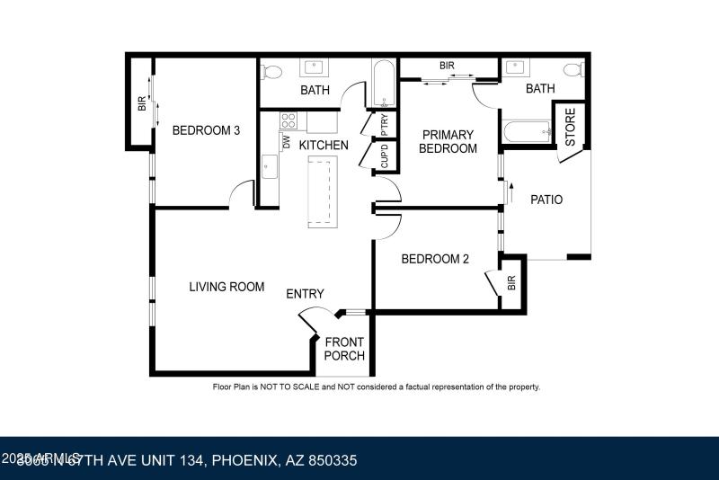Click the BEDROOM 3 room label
[206, 130]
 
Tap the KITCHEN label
[324, 145]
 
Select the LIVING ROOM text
[226, 287]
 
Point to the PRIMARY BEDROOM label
[448, 142]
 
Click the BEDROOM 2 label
[435, 260]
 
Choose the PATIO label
[546, 200]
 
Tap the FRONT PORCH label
[344, 349]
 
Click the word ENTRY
[305, 294]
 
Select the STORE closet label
[570, 128]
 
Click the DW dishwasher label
[286, 142]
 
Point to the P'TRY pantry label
[384, 122]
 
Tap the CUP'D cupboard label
[384, 156]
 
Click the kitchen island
[322, 190]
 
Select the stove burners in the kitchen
[289, 120]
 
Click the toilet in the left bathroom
[274, 71]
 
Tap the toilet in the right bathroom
[573, 69]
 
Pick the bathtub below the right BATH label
[526, 133]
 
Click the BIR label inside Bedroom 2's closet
[511, 284]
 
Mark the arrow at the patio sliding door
[510, 191]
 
